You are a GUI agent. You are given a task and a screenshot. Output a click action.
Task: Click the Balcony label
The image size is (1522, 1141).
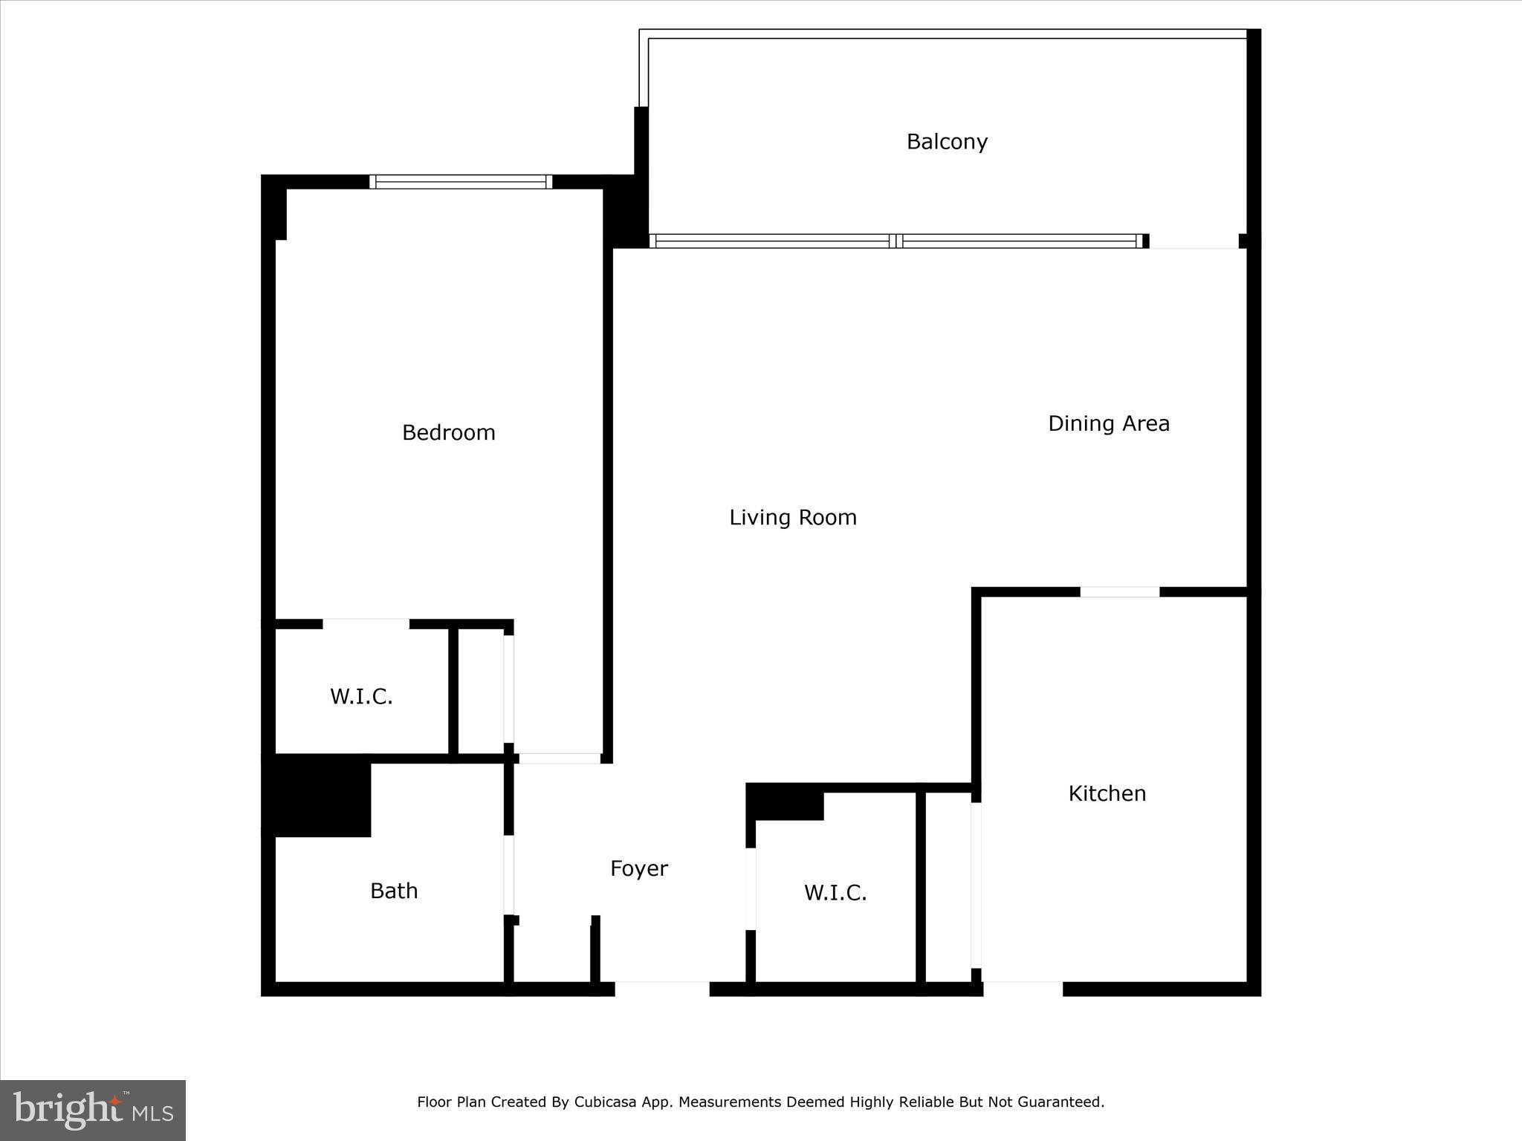(x=947, y=142)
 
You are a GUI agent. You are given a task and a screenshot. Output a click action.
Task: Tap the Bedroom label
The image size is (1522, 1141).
(x=448, y=432)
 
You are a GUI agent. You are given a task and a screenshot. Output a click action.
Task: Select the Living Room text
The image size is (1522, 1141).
(x=792, y=517)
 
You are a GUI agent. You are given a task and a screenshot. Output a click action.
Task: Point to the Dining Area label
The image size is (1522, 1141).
(x=1108, y=423)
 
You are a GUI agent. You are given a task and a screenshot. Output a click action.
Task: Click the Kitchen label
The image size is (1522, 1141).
(x=1107, y=793)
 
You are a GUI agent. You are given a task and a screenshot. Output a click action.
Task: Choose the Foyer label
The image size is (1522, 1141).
(x=638, y=868)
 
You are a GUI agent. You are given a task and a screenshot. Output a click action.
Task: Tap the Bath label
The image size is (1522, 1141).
(x=394, y=891)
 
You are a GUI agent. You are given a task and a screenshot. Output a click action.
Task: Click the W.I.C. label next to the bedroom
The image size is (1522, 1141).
(x=361, y=697)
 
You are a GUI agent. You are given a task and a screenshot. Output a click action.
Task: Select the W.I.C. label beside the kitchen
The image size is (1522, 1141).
(x=835, y=893)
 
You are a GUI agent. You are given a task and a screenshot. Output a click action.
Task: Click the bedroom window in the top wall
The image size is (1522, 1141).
(x=461, y=182)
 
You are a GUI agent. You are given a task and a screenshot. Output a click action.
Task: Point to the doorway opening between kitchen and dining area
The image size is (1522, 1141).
(x=1119, y=592)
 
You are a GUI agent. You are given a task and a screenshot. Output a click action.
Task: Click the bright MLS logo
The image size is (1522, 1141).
(x=93, y=1110)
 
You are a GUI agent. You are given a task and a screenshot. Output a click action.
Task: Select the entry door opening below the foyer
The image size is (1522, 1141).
(x=661, y=989)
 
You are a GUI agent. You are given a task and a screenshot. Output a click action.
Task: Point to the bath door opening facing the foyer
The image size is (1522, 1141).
(x=509, y=875)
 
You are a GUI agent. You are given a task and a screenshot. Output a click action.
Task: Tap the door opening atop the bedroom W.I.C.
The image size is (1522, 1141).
(x=366, y=624)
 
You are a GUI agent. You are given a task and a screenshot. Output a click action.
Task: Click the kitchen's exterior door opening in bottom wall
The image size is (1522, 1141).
(x=1023, y=989)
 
